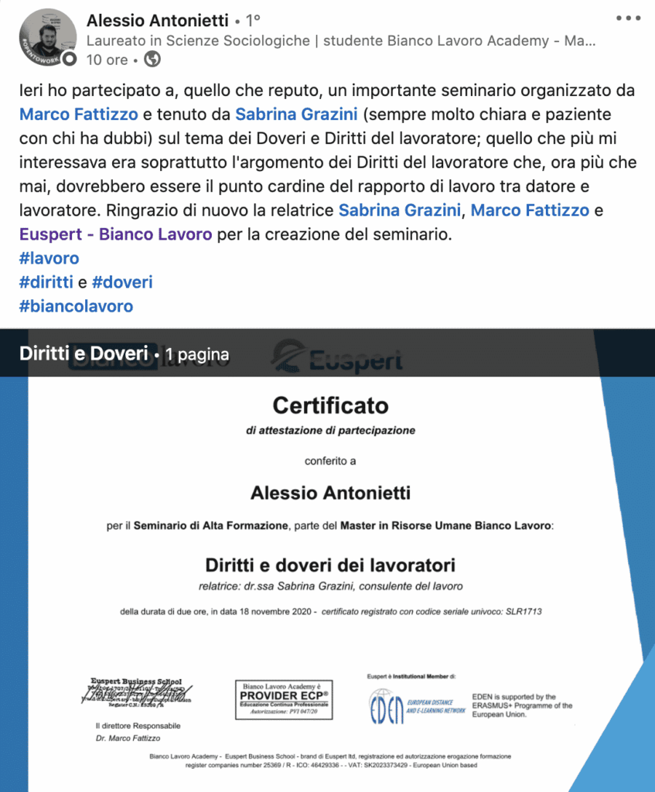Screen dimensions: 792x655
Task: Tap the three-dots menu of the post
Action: click(629, 19)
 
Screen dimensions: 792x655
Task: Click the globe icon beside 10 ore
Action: click(152, 59)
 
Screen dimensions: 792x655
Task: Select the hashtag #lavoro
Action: click(49, 258)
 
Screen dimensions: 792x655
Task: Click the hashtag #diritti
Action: click(46, 282)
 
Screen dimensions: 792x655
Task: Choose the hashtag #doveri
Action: click(121, 282)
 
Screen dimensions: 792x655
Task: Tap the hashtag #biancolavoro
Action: click(76, 306)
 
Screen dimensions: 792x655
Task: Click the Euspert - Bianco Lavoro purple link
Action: click(116, 234)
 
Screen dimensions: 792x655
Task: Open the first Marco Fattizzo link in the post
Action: click(79, 114)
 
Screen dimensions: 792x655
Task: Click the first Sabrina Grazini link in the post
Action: click(296, 114)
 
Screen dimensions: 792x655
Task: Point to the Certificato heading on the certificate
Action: click(330, 405)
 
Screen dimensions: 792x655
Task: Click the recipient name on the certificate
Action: click(331, 493)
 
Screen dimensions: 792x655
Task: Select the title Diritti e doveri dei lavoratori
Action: click(330, 564)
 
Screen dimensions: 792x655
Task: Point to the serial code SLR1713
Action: click(524, 612)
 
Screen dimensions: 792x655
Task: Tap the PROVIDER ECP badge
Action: click(283, 698)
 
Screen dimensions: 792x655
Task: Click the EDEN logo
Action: click(386, 706)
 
